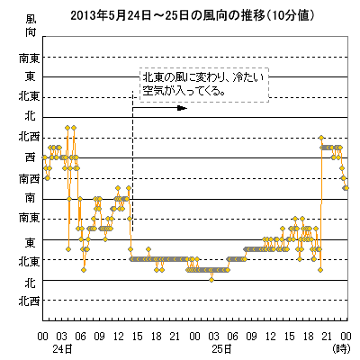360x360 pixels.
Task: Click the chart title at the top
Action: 193,15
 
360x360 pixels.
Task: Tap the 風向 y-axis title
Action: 31,26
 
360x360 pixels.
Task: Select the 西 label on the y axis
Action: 30,157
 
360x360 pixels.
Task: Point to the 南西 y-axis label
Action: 29,179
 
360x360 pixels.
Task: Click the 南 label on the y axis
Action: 30,198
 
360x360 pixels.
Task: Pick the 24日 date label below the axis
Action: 62,349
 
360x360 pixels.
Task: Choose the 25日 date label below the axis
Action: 221,349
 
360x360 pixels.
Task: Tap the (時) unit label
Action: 341,349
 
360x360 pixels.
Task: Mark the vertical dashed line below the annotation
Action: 132,160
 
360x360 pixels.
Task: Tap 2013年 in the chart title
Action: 89,15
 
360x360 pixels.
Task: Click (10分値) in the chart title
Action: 290,15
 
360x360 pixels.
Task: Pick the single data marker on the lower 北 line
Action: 211,280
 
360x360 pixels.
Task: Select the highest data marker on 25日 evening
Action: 321,138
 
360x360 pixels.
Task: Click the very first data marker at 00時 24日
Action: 44,157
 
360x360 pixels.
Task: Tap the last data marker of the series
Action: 346,188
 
